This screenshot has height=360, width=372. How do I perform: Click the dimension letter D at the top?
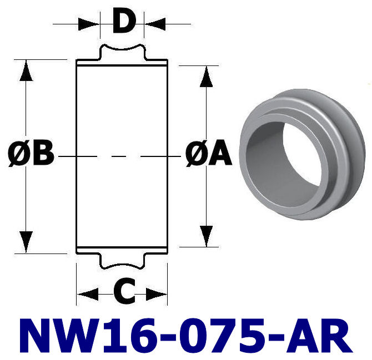pos(123,23)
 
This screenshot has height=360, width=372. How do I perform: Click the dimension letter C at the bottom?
pos(123,293)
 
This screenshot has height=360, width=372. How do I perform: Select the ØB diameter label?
pos(31,155)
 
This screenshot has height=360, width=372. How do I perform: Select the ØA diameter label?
pos(208,155)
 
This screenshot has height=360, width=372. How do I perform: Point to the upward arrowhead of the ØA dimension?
pos(206,77)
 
